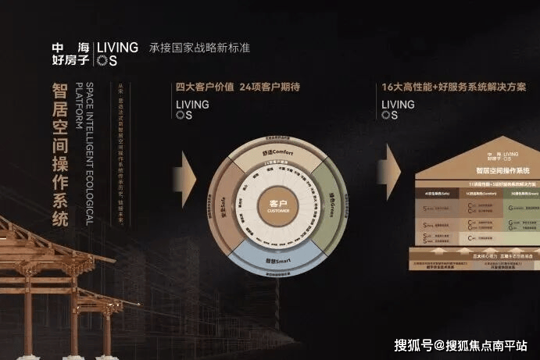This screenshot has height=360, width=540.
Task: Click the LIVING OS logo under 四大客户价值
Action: tap(192, 109)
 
